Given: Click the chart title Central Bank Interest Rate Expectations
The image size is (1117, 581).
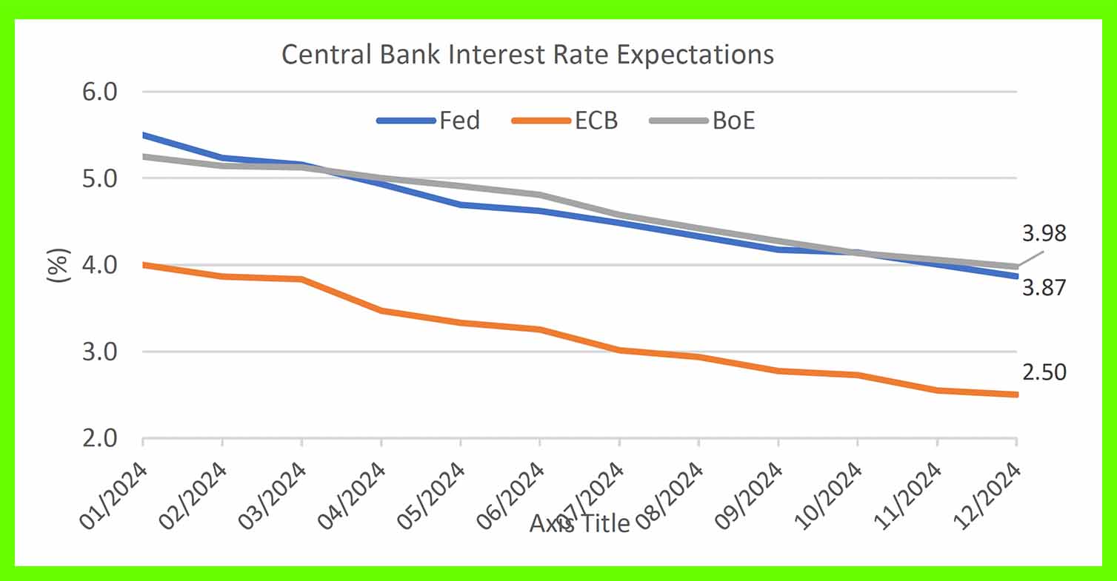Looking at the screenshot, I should pyautogui.click(x=527, y=56).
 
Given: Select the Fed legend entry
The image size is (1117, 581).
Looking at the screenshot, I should pyautogui.click(x=459, y=120).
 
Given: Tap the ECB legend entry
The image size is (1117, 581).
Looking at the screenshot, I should pyautogui.click(x=596, y=120).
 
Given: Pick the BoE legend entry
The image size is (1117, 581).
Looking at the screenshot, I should pyautogui.click(x=733, y=120).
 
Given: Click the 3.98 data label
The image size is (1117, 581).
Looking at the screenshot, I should pyautogui.click(x=1044, y=235).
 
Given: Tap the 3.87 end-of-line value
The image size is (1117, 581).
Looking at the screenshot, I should pyautogui.click(x=1044, y=288).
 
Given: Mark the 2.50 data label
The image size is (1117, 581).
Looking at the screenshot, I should pyautogui.click(x=1044, y=372).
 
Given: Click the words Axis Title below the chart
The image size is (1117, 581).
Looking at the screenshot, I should pyautogui.click(x=579, y=524).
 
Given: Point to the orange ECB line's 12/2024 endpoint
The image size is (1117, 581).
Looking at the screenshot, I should pyautogui.click(x=1016, y=394).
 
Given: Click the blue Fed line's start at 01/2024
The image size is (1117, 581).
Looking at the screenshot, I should pyautogui.click(x=143, y=135).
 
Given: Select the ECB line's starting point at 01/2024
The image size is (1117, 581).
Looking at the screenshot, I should pyautogui.click(x=143, y=264).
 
